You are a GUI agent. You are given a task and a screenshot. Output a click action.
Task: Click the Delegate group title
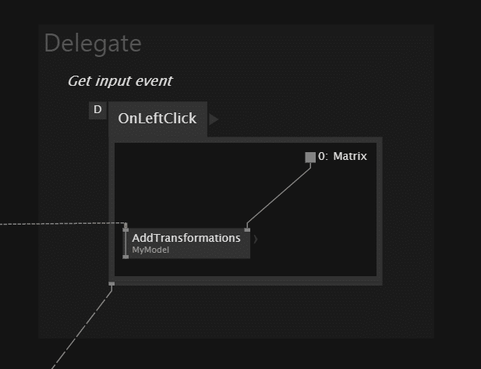click(x=93, y=44)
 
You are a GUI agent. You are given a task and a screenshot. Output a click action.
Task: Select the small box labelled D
click(x=97, y=110)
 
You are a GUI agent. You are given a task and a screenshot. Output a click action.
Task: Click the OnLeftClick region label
click(x=157, y=119)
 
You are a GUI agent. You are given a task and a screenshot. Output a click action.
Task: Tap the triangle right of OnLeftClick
click(x=214, y=119)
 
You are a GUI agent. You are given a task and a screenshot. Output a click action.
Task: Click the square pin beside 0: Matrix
click(x=310, y=158)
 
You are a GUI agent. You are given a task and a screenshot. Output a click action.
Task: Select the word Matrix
click(x=350, y=156)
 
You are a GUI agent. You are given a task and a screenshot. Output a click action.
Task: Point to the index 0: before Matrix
click(x=323, y=156)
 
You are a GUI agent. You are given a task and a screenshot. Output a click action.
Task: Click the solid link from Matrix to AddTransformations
click(x=279, y=196)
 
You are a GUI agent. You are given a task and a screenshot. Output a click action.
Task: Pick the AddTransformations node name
click(x=186, y=238)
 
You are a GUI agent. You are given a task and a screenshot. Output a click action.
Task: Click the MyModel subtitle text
click(x=150, y=250)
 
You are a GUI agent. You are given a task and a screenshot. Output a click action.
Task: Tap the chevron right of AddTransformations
click(x=256, y=239)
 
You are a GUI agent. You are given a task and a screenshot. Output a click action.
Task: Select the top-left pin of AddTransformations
click(x=126, y=230)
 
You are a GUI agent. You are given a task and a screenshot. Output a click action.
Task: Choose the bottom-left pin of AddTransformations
click(x=126, y=257)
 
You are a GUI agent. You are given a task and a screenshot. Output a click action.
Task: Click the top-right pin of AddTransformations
click(x=247, y=230)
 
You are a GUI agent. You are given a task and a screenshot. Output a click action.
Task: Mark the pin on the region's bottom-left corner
click(x=111, y=284)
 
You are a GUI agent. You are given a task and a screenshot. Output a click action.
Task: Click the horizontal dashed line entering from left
click(x=62, y=224)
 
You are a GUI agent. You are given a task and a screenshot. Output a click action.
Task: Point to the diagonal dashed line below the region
click(x=82, y=328)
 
